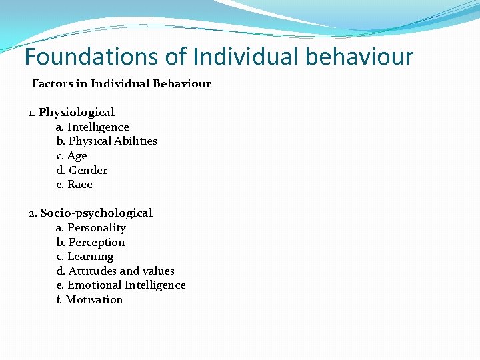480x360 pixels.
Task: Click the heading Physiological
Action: (x=77, y=113)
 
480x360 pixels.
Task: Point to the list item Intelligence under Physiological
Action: (x=98, y=127)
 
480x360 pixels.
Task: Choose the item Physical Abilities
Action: (x=113, y=141)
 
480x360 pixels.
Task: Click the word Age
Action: (x=77, y=156)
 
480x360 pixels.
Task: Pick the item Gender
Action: (x=88, y=170)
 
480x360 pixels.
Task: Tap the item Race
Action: (x=80, y=185)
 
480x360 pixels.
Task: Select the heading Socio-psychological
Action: (x=97, y=213)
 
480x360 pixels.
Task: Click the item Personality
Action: (x=97, y=228)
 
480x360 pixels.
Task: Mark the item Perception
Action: (x=97, y=243)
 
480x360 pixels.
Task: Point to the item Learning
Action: (x=91, y=257)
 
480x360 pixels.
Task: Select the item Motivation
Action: (x=94, y=300)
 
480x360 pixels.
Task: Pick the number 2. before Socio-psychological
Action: (x=33, y=213)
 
